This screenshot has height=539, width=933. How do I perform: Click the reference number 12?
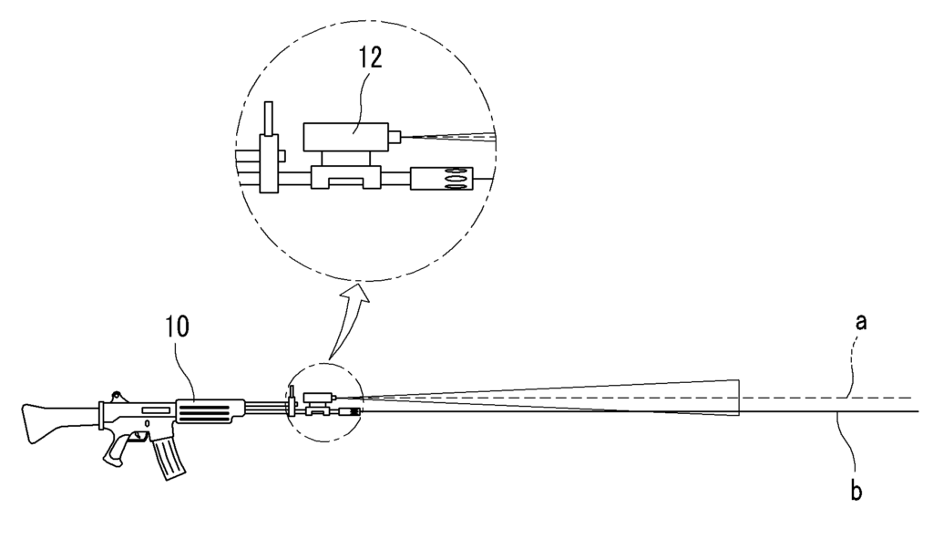tap(370, 58)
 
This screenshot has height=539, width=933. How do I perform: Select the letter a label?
tap(860, 322)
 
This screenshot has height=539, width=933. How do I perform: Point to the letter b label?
tap(856, 491)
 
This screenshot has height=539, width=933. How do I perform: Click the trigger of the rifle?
tap(141, 438)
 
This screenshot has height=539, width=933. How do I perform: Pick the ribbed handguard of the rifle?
tap(210, 411)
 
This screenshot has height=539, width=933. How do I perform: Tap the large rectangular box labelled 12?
tap(345, 137)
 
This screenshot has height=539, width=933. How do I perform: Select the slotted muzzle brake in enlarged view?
tap(442, 178)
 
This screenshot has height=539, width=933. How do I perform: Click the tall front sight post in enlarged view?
tap(269, 147)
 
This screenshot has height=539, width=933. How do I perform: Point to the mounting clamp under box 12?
tap(345, 177)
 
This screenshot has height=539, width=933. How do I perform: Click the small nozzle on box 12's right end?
tap(395, 138)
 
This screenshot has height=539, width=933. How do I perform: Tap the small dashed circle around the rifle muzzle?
tap(324, 363)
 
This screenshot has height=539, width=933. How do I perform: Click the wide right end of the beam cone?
tap(738, 398)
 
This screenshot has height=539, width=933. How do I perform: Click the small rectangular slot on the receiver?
tap(155, 410)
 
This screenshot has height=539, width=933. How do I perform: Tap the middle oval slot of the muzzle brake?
tap(456, 178)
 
